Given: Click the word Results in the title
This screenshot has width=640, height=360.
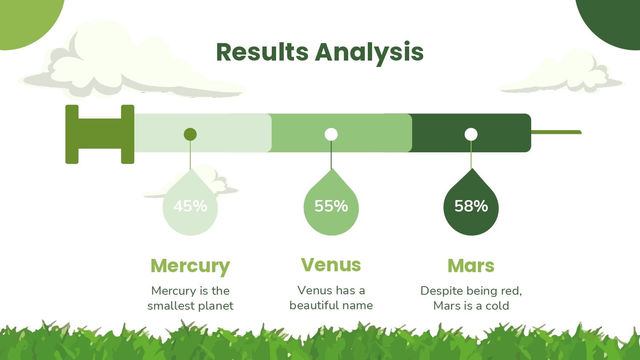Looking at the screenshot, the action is point(262,52).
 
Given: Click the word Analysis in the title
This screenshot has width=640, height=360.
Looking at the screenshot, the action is point(369,54).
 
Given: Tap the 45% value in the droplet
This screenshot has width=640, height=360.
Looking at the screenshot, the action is point(190,206).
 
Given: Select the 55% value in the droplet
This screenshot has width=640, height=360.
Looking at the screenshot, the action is point(331,206).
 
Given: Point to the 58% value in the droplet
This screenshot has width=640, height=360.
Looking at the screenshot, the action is point(471,206).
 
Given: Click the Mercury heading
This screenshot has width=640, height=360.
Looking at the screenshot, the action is point(190,266).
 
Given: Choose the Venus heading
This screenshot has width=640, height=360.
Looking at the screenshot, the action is point(331,264).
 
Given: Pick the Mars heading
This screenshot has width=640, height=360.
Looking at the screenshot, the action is point(471,266).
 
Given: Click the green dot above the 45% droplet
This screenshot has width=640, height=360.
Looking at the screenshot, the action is point(190,134).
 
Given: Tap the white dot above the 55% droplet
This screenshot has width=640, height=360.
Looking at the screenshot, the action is point(331,134).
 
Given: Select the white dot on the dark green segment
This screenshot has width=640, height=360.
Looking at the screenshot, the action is point(471,134).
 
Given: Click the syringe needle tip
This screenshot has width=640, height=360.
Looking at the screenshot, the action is point(581,132).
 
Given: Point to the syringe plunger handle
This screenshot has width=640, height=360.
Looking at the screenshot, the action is point(100,134).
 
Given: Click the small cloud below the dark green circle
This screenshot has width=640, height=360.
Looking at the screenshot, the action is point(561,73).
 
